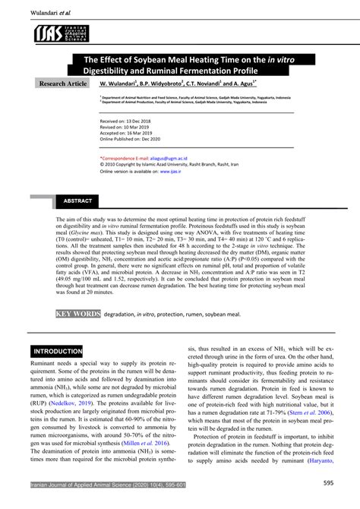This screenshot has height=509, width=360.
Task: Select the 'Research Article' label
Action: [64, 83]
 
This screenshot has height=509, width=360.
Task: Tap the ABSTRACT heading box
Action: [78, 201]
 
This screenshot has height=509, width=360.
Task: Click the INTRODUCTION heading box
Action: [57, 352]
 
